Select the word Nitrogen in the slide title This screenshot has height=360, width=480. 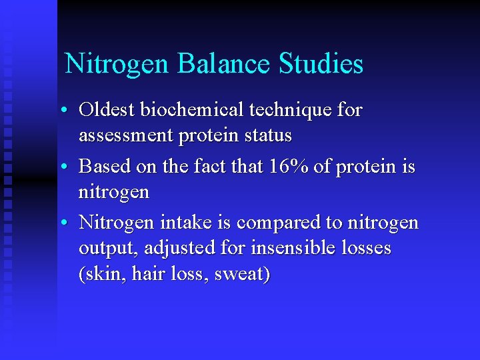(x=117, y=64)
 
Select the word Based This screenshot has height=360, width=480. (x=100, y=167)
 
